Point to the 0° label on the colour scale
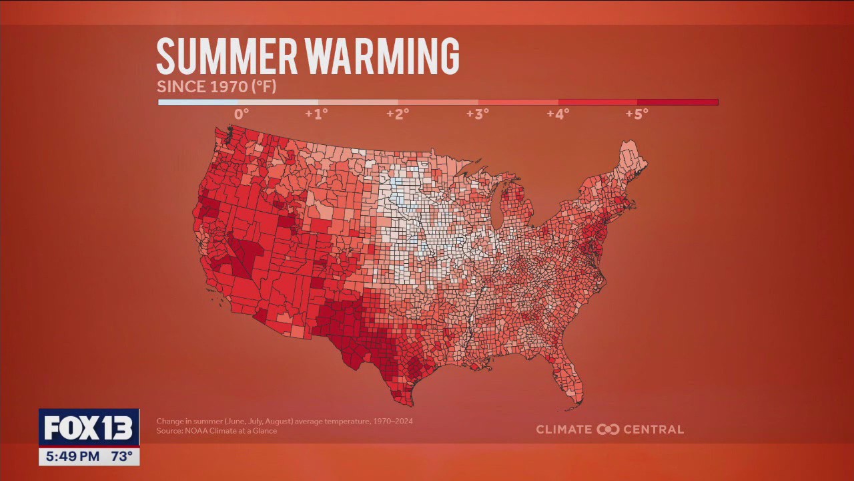242,114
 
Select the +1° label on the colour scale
316,114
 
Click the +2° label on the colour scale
398,114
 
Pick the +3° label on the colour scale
478,114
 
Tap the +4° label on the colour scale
558,114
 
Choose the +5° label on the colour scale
637,114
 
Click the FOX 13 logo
89,428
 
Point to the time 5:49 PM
73,457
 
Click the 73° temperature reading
121,457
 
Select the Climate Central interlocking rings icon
608,430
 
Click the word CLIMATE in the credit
564,430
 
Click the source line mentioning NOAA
216,431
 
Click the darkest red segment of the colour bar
677,102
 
